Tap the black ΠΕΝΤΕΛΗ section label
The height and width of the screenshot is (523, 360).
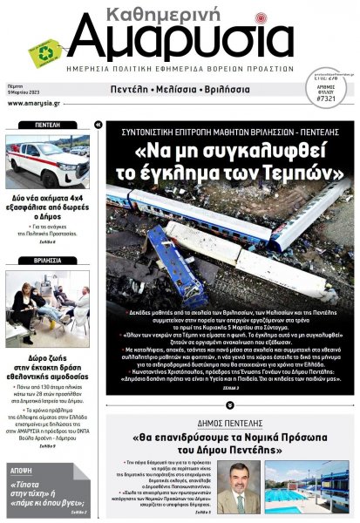[x=47, y=126]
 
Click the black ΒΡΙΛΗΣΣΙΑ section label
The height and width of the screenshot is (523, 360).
[x=47, y=261]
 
